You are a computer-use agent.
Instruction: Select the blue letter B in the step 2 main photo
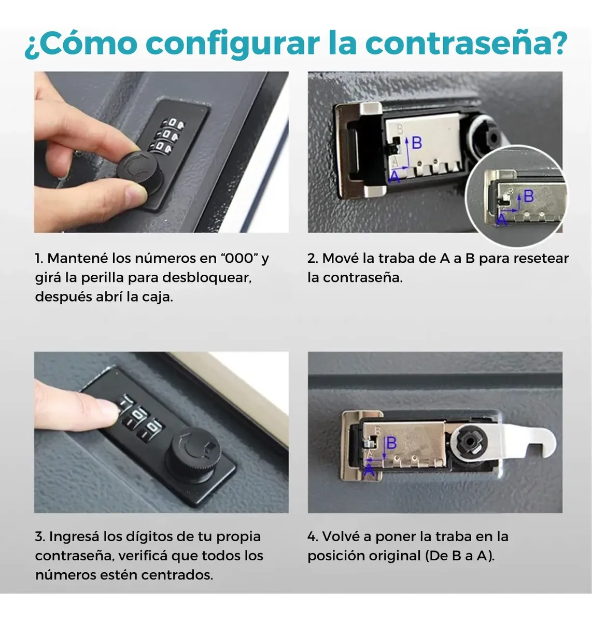(x=417, y=143)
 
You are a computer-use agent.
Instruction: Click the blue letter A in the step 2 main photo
(x=394, y=177)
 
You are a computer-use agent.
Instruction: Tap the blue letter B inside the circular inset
(x=529, y=196)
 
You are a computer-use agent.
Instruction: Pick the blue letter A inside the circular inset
(x=501, y=220)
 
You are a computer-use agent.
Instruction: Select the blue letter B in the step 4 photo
(x=392, y=443)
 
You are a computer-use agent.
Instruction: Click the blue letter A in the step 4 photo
(x=369, y=471)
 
